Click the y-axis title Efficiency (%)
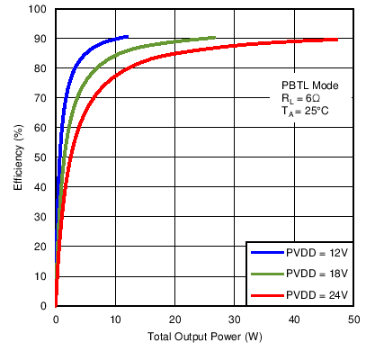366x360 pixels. (17, 157)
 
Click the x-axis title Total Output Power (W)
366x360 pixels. (205, 338)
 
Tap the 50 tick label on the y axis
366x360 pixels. (40, 157)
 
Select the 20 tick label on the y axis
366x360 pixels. (40, 247)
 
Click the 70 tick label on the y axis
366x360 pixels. (40, 98)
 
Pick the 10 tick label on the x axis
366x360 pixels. (115, 319)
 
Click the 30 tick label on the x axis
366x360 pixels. (235, 319)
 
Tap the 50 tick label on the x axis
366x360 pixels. (353, 319)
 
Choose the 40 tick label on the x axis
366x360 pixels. (294, 319)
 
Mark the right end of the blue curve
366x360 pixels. (127, 37)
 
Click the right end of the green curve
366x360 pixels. (214, 38)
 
